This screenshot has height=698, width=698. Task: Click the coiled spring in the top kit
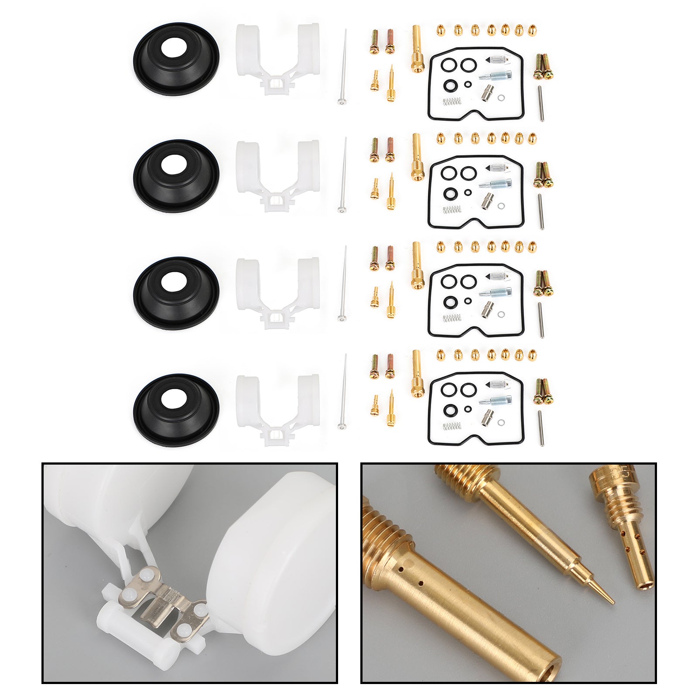(x=452, y=102)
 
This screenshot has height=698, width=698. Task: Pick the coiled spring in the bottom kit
(x=452, y=426)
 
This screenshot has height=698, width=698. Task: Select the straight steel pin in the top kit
(x=541, y=103)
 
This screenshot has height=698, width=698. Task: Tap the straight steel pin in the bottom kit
(x=541, y=428)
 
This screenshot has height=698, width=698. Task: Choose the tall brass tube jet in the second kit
(x=417, y=157)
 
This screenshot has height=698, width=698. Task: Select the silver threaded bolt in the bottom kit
(x=495, y=400)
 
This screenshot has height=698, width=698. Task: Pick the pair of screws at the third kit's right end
(x=543, y=283)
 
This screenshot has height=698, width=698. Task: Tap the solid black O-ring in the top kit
(x=448, y=84)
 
